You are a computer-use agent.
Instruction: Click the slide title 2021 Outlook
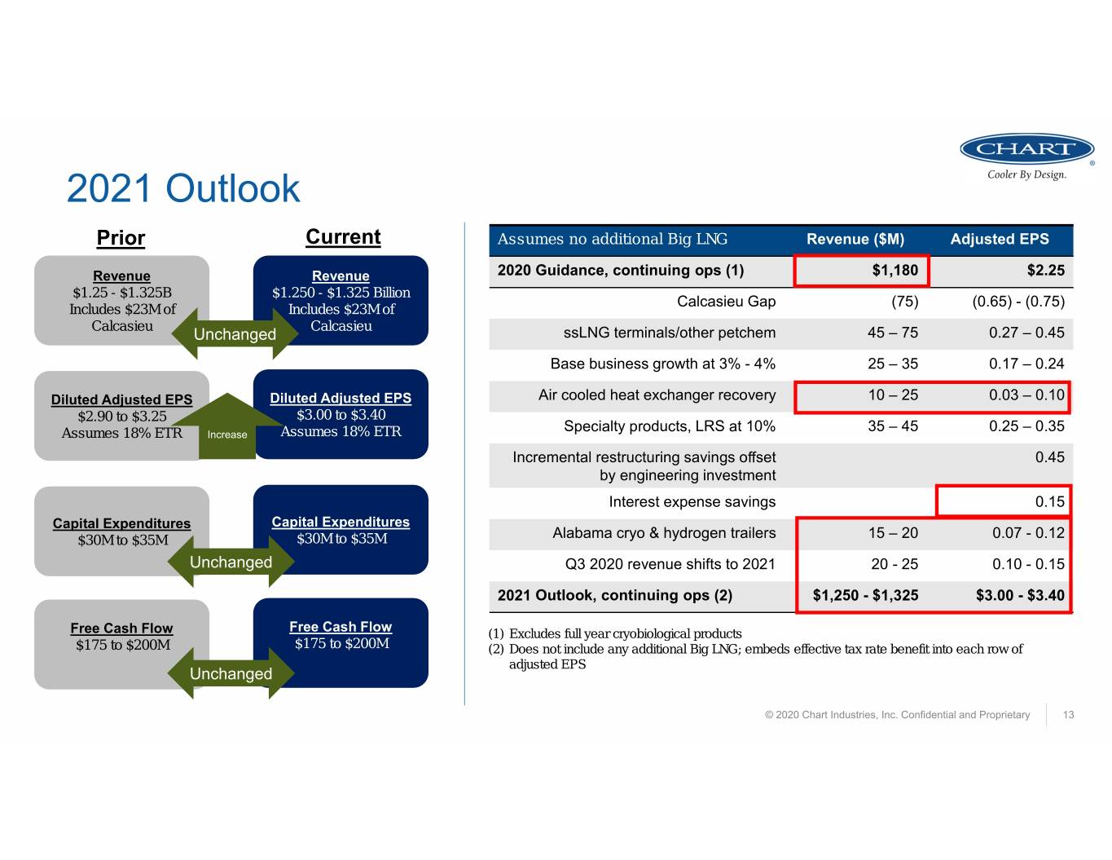tap(182, 188)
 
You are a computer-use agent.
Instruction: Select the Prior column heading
tap(121, 238)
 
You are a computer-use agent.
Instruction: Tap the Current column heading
tap(343, 237)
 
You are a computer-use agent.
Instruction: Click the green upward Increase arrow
tap(227, 426)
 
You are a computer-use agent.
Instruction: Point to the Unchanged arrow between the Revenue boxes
tap(235, 333)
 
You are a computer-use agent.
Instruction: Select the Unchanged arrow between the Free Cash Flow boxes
tap(231, 673)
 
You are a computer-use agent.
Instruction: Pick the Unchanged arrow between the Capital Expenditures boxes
tap(231, 562)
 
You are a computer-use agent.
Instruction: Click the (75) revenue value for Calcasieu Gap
tap(905, 302)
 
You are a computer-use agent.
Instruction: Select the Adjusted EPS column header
tap(1000, 239)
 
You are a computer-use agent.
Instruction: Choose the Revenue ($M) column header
tap(855, 239)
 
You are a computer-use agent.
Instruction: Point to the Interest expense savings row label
tap(692, 501)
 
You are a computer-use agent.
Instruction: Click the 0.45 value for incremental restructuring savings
tap(1049, 457)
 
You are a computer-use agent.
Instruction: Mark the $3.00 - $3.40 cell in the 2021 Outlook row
tap(1020, 595)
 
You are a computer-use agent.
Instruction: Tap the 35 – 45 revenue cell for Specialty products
tap(893, 426)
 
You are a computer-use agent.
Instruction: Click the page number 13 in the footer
tap(1068, 715)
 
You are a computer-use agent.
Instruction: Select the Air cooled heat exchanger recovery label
tap(657, 395)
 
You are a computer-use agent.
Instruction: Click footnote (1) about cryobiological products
tap(614, 633)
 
